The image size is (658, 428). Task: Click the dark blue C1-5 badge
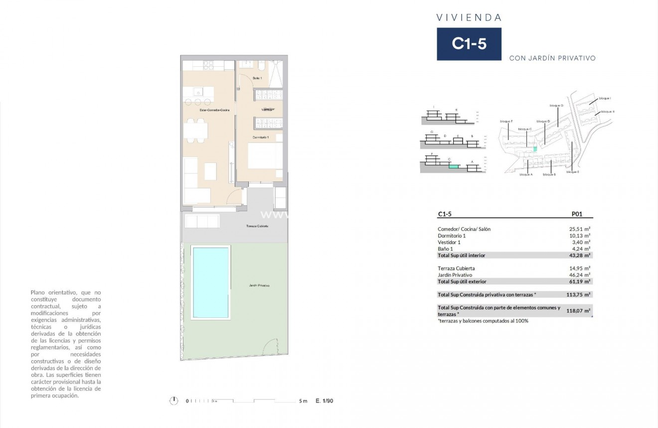click(469, 44)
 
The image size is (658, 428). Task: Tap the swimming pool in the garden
click(211, 282)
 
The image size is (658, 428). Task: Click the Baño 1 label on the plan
click(257, 78)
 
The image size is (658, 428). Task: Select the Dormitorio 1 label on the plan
click(260, 137)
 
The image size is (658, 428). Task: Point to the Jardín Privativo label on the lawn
click(259, 285)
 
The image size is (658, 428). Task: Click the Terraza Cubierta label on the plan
click(257, 226)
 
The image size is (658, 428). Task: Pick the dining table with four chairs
click(195, 131)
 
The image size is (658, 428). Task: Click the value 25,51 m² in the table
click(580, 229)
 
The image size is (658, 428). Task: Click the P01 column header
click(576, 214)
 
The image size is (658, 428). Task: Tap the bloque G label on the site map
click(556, 106)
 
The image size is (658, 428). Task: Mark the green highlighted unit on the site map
click(535, 148)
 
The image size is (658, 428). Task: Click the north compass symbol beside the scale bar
click(173, 400)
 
